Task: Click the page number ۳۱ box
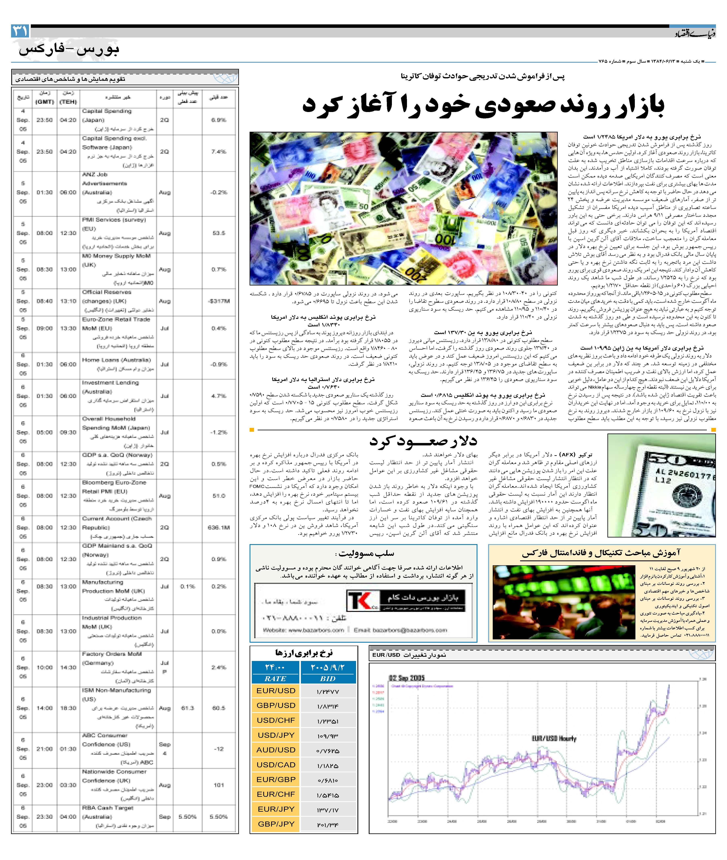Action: tap(20, 31)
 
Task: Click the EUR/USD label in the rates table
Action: tap(276, 690)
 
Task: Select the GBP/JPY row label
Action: tap(276, 824)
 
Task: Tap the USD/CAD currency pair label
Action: tap(276, 764)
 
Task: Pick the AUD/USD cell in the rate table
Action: tap(276, 749)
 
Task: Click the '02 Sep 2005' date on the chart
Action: tap(406, 678)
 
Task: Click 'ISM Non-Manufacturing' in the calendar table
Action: tap(116, 690)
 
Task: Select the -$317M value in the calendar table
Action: tap(219, 301)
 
